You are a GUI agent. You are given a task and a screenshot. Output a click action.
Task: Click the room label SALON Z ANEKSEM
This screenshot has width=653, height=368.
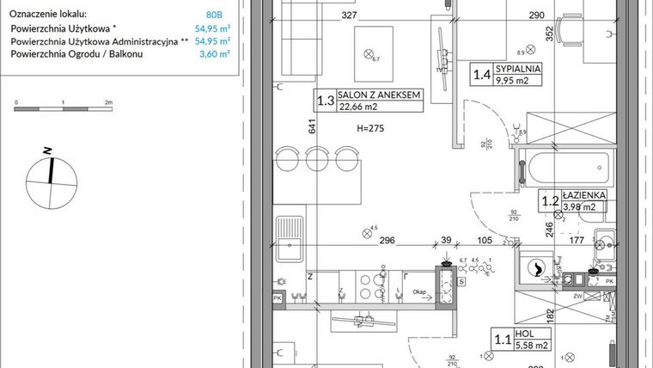click(x=380, y=95)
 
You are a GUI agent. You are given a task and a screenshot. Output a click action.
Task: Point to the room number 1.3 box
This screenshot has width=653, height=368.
click(x=326, y=101)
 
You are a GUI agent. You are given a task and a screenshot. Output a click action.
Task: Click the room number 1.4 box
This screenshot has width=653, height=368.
click(x=483, y=75)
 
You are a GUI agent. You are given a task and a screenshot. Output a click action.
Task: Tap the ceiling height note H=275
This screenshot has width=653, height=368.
click(x=371, y=127)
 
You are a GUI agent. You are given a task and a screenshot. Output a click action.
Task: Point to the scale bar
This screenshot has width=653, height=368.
click(x=63, y=110)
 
